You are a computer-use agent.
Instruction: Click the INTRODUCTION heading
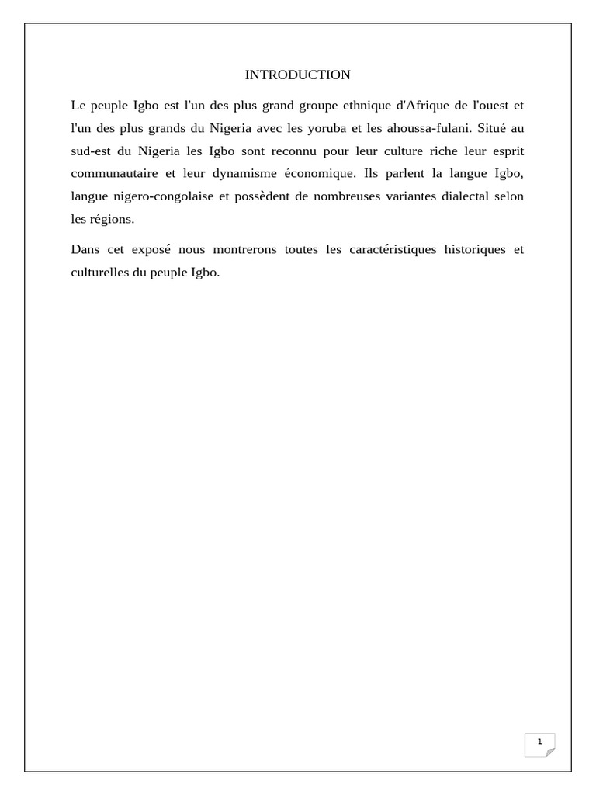(x=297, y=75)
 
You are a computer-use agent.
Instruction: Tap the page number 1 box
(x=539, y=744)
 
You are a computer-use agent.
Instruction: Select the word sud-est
(x=89, y=151)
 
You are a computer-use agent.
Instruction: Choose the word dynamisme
(x=250, y=173)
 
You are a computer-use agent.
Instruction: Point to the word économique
(x=321, y=173)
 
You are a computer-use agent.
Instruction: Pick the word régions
(x=113, y=219)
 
